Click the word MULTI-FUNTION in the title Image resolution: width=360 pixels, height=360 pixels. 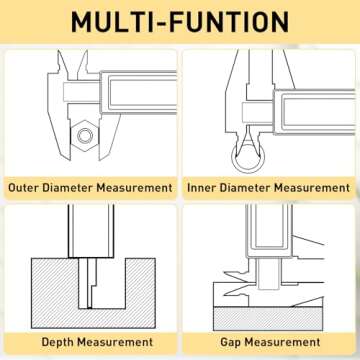tap(180, 22)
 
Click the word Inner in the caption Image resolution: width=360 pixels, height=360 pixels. tap(201, 188)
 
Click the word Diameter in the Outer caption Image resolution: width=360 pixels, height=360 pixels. tap(68, 188)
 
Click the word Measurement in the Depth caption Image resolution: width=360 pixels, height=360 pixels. tap(115, 342)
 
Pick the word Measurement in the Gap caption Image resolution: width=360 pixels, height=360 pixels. tap(282, 342)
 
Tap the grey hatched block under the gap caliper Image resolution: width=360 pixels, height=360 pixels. tap(268, 319)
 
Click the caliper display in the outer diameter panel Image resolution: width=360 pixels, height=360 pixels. tap(139, 92)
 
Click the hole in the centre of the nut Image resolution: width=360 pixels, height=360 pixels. tap(85, 135)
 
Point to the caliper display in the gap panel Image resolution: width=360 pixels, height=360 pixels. tap(269, 231)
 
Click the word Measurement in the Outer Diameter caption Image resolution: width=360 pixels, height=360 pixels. tap(134, 188)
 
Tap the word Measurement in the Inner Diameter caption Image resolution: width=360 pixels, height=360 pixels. tap(312, 188)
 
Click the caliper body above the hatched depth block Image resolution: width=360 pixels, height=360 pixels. tap(91, 231)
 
